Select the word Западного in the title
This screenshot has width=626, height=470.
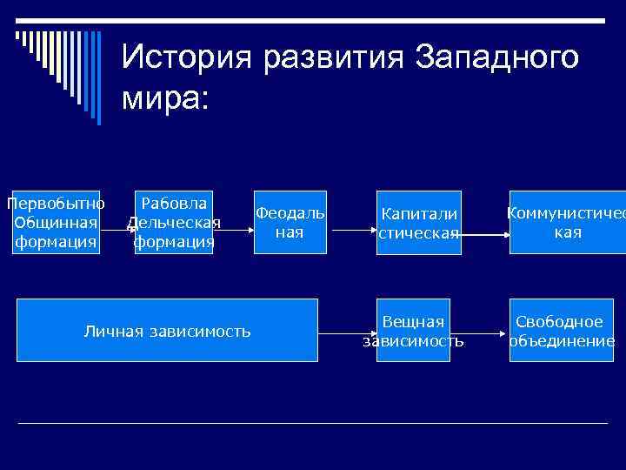click(x=496, y=58)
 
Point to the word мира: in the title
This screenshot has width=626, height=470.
click(x=165, y=97)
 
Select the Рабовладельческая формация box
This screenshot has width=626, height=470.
click(x=174, y=222)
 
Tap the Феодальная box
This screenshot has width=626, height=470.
click(x=290, y=222)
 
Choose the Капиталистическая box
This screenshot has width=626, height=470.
click(x=418, y=222)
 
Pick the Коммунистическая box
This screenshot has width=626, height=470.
click(x=567, y=222)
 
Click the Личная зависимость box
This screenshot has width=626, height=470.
click(x=167, y=330)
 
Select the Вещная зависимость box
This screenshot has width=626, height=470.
click(x=413, y=330)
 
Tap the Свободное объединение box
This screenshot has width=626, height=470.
click(x=561, y=330)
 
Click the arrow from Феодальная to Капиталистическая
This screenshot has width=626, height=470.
click(x=351, y=232)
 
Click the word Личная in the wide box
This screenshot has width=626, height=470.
click(x=114, y=331)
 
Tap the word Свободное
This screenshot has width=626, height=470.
click(x=560, y=322)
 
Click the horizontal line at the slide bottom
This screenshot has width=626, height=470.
click(x=313, y=423)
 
